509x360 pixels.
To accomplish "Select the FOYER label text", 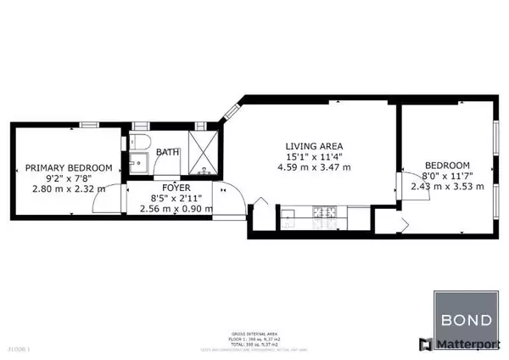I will (176, 188).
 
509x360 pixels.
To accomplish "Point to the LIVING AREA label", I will (313, 145).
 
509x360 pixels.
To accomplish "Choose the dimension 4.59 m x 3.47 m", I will (312, 167).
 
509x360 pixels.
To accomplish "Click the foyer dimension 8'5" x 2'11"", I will (176, 198).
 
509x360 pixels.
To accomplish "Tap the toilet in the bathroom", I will (141, 139).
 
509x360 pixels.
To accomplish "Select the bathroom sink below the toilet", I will (137, 160).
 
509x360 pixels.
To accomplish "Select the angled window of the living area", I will (231, 111).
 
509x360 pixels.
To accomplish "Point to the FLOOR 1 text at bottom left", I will (18, 348).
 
